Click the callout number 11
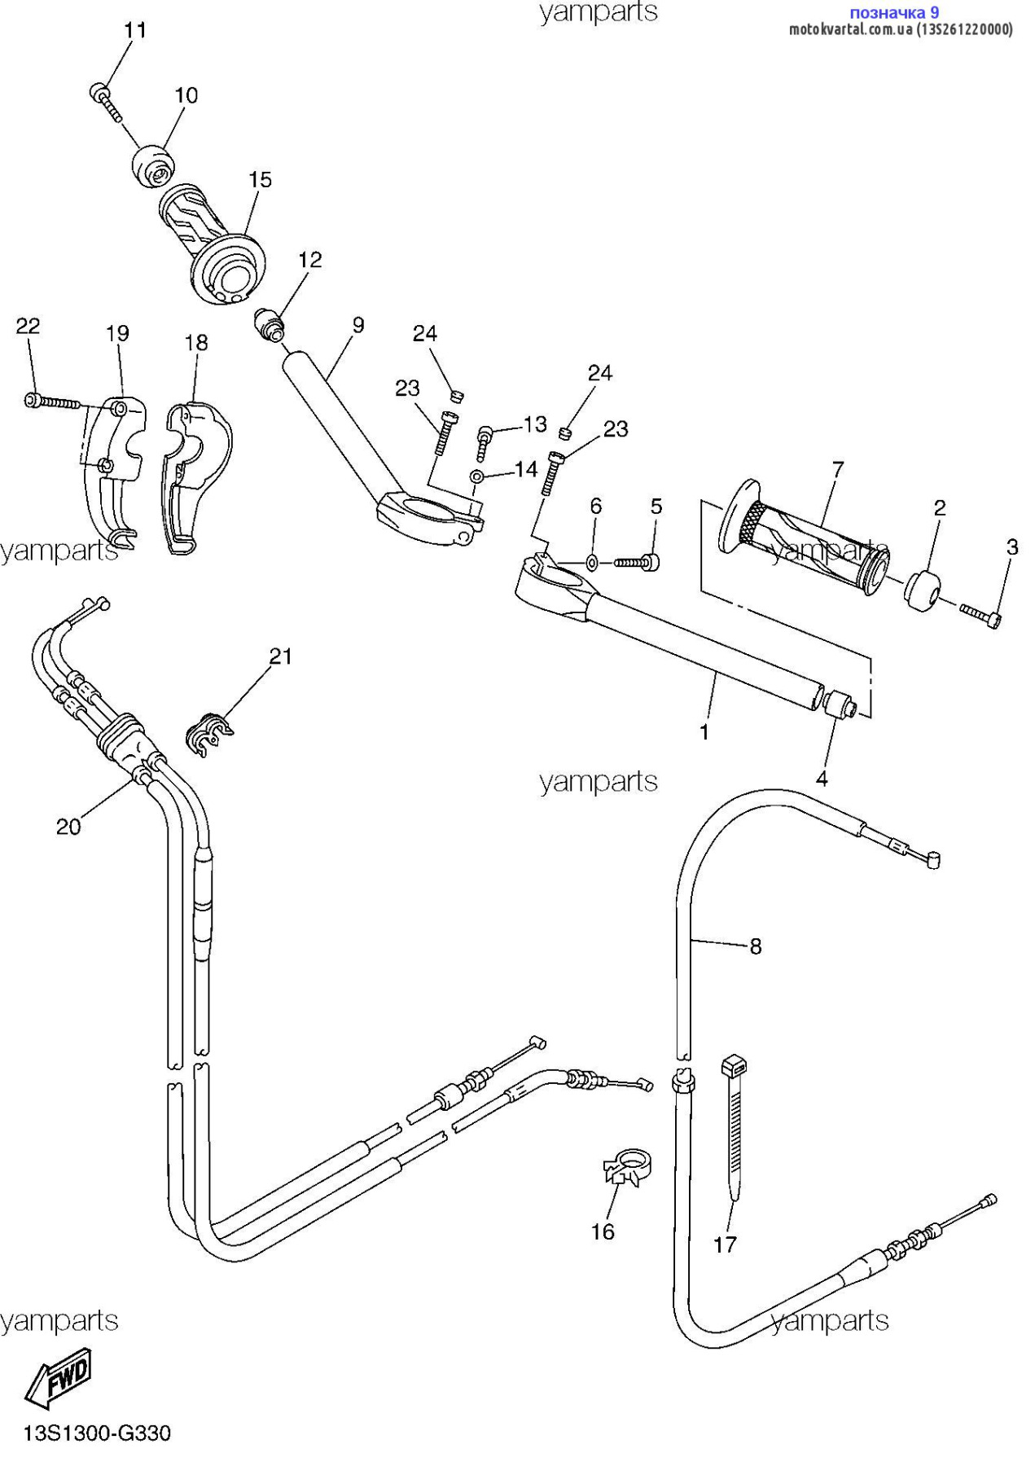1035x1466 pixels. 135,30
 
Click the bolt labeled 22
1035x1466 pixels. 52,402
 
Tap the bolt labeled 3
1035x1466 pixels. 980,614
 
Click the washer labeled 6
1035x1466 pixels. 592,561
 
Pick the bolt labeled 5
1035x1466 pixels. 637,562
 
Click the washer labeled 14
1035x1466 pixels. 477,476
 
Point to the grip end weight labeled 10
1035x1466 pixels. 153,165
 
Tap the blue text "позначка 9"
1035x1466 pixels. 894,12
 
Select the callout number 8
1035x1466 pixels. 756,946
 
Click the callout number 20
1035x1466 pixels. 68,827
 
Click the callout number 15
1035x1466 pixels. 260,179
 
